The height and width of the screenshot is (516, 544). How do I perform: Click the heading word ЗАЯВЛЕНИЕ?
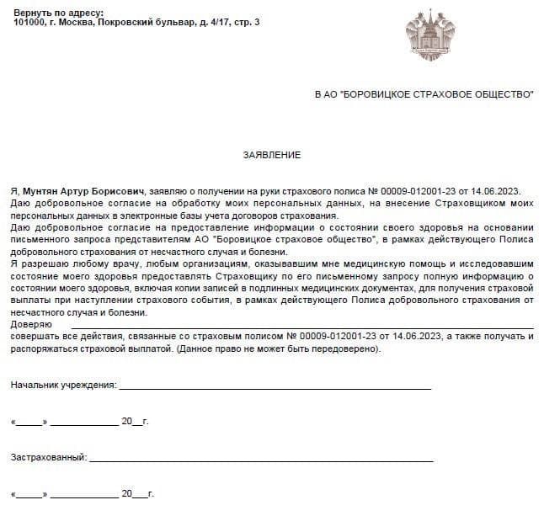click(271, 155)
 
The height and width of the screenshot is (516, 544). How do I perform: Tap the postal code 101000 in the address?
click(30, 23)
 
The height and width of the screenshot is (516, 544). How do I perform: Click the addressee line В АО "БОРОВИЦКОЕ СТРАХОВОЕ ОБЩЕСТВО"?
click(423, 94)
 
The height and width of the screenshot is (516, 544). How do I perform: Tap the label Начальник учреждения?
click(63, 385)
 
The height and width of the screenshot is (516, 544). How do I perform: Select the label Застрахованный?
click(49, 457)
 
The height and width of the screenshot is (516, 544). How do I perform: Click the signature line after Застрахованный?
click(261, 460)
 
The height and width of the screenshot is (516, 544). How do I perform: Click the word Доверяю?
click(31, 324)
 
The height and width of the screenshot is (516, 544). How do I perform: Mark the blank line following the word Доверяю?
click(301, 327)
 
